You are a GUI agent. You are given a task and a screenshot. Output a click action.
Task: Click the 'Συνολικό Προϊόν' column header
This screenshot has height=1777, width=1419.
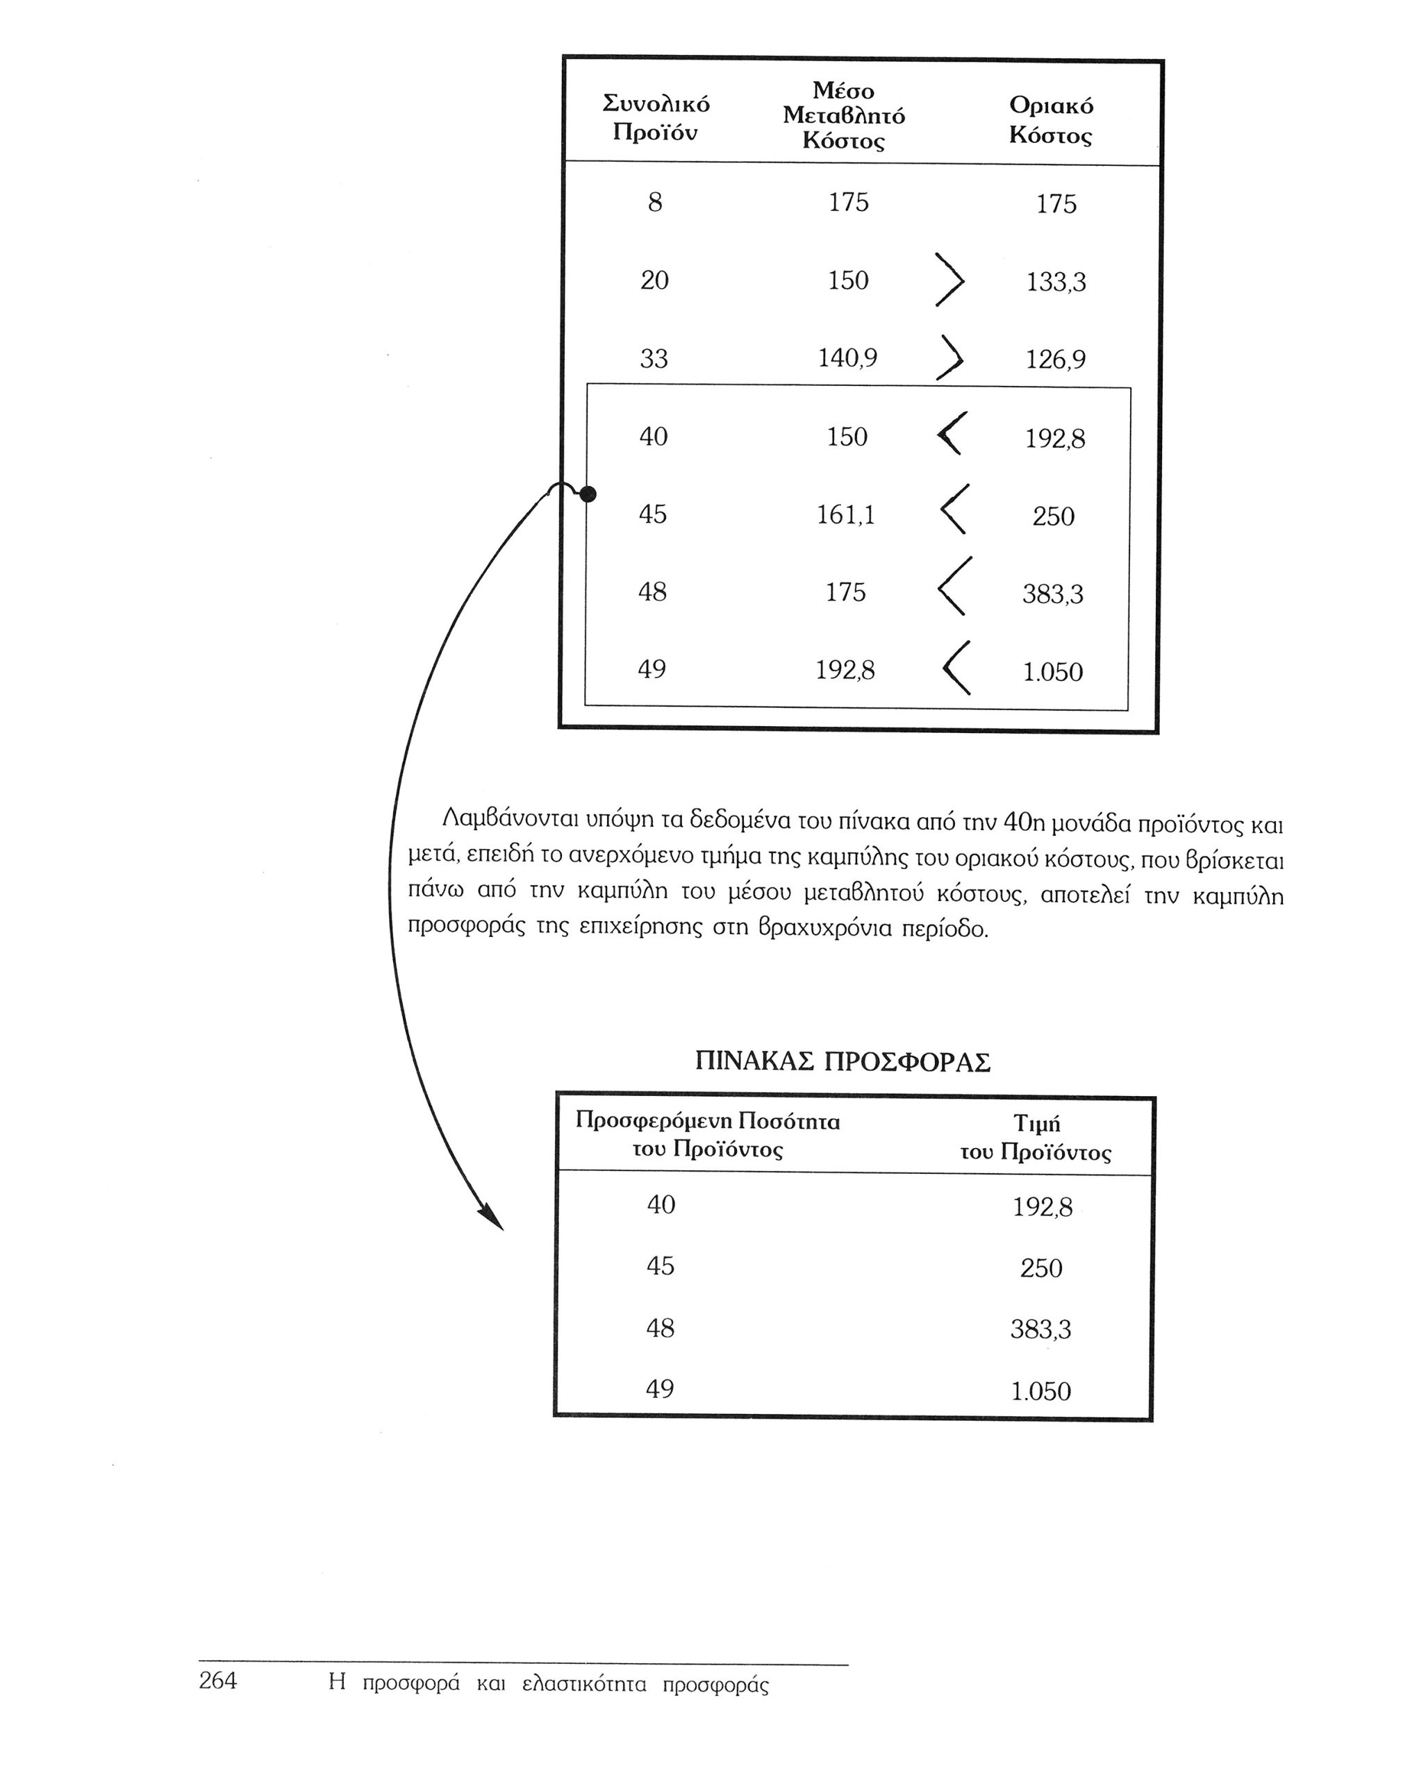point(656,118)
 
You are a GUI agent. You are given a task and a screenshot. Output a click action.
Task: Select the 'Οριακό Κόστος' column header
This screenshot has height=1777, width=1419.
point(1050,120)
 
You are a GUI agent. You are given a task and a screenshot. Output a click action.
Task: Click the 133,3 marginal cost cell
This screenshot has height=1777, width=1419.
point(1055,283)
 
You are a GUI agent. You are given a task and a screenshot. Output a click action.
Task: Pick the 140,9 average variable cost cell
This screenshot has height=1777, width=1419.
point(847,357)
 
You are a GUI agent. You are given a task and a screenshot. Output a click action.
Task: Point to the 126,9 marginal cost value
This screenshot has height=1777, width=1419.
point(1055,360)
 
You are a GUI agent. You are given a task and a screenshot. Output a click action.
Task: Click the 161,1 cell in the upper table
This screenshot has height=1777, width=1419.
point(845,515)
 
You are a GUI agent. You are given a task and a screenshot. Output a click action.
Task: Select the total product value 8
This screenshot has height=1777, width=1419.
point(655,203)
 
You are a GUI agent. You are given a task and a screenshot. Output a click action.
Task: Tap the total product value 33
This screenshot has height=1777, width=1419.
point(654,360)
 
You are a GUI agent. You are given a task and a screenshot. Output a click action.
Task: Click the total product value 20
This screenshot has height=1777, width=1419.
point(655,281)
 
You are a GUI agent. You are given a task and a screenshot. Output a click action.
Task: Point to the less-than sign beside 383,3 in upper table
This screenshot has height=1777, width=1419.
point(954,586)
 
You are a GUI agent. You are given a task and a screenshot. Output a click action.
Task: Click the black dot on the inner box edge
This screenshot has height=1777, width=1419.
point(587,494)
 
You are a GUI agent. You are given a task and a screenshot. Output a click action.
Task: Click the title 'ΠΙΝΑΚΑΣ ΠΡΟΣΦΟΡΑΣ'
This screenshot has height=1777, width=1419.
point(842,1061)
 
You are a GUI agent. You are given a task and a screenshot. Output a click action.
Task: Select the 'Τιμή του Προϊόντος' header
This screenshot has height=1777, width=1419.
point(1036,1138)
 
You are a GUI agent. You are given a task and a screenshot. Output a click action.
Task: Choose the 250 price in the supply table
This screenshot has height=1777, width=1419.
point(1040,1268)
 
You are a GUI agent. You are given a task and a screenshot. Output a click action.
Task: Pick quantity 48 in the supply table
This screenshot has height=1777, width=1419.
point(660,1328)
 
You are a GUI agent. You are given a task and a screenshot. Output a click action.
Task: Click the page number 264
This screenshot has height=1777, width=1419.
point(217,1681)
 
